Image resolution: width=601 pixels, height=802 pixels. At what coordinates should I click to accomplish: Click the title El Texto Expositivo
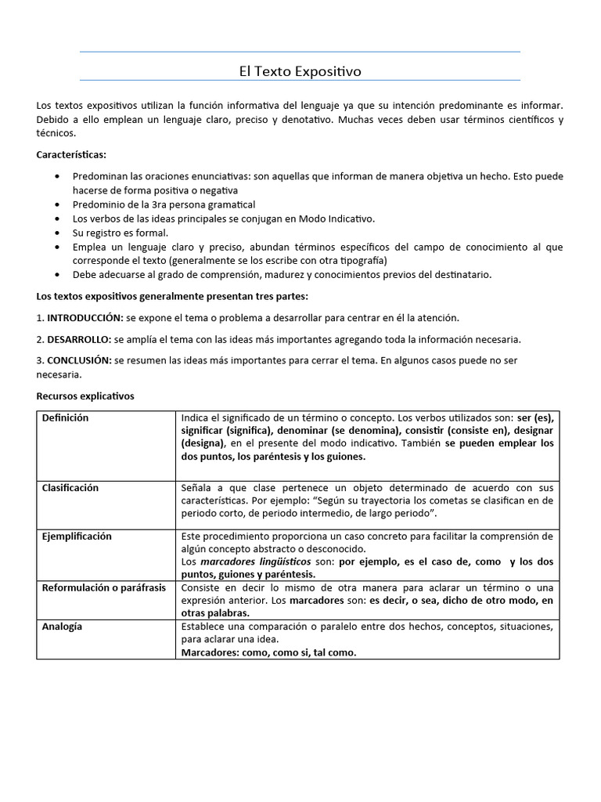point(300,71)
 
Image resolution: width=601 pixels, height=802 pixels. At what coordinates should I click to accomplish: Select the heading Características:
point(71,155)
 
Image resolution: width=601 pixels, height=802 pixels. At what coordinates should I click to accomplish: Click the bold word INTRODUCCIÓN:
point(85,318)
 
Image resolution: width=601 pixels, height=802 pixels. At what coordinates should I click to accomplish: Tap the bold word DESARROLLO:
point(79,339)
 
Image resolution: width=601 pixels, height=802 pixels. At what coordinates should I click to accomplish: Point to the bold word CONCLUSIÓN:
point(79,360)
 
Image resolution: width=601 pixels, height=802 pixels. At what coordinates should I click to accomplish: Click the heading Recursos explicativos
point(85,396)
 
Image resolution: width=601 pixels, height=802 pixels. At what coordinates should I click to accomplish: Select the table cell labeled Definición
point(65,418)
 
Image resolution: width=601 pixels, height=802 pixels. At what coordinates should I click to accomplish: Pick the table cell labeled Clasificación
point(70,488)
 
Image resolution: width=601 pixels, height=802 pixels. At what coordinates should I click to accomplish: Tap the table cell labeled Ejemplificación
point(76,536)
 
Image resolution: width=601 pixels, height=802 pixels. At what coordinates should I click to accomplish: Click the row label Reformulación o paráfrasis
point(103,587)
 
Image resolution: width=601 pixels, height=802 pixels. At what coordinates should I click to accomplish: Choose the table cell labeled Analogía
point(62,627)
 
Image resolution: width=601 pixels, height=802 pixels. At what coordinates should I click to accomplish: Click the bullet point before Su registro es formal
point(58,233)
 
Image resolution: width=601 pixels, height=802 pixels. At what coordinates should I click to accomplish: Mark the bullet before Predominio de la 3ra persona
point(58,204)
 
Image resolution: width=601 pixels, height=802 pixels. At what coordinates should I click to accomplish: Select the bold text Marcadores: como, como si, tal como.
point(268,652)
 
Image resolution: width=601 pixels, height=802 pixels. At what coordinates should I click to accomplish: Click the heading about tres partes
point(172,297)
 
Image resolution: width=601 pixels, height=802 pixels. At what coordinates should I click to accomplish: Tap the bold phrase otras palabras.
point(215,612)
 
